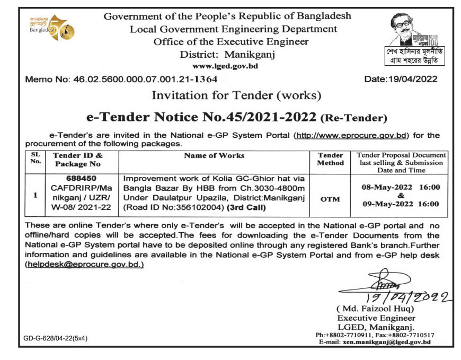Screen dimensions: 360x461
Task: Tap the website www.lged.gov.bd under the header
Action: pyautogui.click(x=225, y=66)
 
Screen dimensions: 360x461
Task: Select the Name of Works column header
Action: pyautogui.click(x=214, y=155)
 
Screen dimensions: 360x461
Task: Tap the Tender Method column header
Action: pyautogui.click(x=330, y=159)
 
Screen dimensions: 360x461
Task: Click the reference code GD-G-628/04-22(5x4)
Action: pyautogui.click(x=55, y=338)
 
